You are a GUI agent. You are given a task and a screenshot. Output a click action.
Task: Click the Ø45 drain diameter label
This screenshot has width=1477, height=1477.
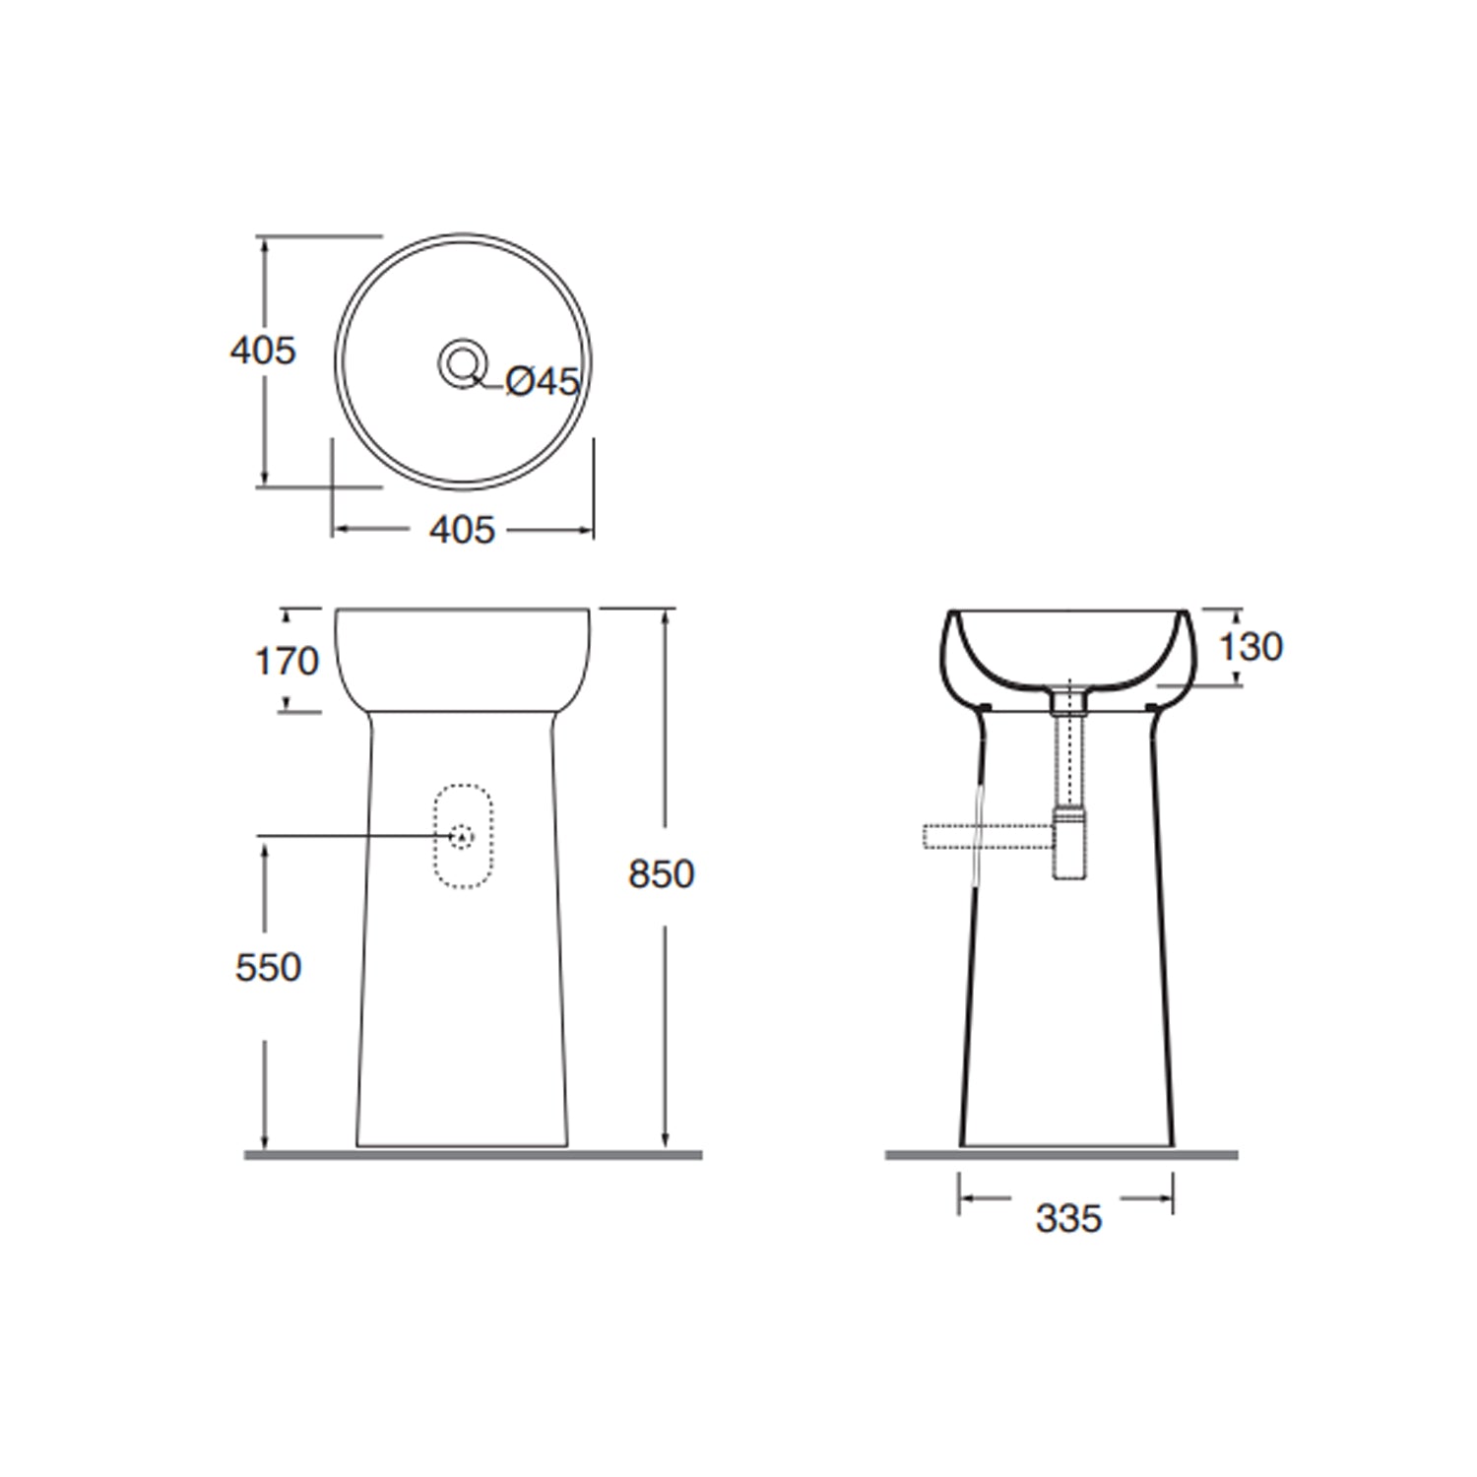tap(543, 382)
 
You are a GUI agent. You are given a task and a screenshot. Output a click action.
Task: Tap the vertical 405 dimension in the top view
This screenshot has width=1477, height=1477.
tap(263, 351)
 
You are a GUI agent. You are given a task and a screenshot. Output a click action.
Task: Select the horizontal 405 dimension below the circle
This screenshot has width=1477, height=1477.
tap(462, 531)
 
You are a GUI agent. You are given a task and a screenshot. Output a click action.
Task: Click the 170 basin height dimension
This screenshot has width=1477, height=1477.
tap(288, 661)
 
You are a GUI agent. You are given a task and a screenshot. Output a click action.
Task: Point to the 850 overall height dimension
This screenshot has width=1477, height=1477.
tap(662, 874)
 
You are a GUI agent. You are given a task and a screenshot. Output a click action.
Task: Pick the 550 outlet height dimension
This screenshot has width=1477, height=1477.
tap(268, 967)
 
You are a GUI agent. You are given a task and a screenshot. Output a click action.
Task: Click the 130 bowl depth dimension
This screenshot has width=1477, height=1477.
tap(1251, 647)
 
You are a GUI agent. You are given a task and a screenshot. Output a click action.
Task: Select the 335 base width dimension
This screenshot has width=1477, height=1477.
tap(1068, 1219)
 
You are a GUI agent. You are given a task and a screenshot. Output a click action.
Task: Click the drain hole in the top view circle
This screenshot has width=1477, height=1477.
tap(462, 363)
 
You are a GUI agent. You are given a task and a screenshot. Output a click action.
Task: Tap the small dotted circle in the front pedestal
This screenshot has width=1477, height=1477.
tap(462, 836)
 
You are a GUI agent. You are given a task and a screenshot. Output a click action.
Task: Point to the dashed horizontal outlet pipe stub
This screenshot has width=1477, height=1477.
tap(975, 836)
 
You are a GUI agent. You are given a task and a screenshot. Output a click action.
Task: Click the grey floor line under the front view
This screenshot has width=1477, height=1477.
tap(473, 1155)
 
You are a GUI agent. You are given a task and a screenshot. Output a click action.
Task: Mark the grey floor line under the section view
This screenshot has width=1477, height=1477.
tap(1061, 1155)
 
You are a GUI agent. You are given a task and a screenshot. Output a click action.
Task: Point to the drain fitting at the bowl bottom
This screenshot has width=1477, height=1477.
tap(1068, 700)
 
